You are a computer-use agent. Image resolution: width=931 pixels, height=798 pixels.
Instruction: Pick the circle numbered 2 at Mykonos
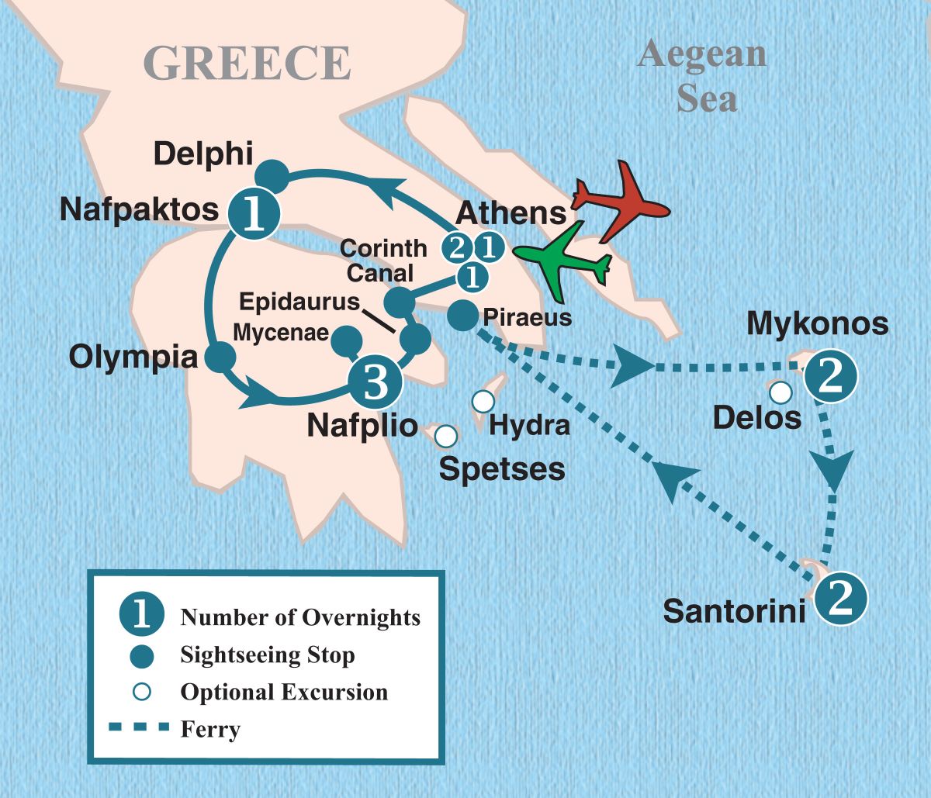click(830, 378)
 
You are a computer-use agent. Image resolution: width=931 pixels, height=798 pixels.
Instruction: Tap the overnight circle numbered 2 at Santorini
click(839, 599)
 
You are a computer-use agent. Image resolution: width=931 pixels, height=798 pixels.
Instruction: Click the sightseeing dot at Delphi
click(272, 173)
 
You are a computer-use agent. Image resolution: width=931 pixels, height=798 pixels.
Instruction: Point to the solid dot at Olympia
click(220, 357)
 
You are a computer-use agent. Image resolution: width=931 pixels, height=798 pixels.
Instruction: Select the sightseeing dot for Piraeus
click(462, 315)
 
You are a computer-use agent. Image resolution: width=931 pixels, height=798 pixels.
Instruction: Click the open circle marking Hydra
click(483, 401)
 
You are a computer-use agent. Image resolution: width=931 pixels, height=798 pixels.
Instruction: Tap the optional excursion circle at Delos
click(780, 392)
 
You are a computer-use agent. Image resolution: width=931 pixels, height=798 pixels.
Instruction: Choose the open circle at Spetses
click(445, 437)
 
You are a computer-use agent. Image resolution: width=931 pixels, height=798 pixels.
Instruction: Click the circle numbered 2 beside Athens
click(457, 247)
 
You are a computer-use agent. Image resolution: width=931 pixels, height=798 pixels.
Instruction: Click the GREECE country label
click(247, 63)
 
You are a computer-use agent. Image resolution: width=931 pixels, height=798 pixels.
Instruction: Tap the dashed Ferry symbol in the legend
click(140, 727)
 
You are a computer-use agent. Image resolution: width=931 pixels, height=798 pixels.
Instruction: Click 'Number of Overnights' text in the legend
click(300, 617)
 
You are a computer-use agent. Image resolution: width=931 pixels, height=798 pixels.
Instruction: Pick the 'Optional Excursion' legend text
click(284, 691)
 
